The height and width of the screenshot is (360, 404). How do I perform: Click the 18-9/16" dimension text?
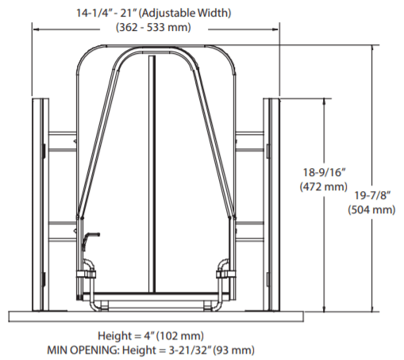tap(324, 173)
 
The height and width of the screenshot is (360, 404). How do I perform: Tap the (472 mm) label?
tap(324, 187)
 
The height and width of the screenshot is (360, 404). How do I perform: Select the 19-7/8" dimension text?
tap(372, 196)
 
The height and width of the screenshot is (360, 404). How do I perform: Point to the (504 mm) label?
tap(371, 210)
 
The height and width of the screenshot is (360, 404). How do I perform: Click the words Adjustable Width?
tap(185, 13)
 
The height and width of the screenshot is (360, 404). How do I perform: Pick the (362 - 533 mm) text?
tap(153, 27)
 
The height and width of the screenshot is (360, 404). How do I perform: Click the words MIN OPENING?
tap(83, 350)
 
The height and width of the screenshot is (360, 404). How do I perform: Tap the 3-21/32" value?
tap(190, 350)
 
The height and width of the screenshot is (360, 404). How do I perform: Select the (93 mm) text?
tap(234, 350)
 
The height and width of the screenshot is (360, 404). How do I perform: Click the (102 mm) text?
tap(180, 336)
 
